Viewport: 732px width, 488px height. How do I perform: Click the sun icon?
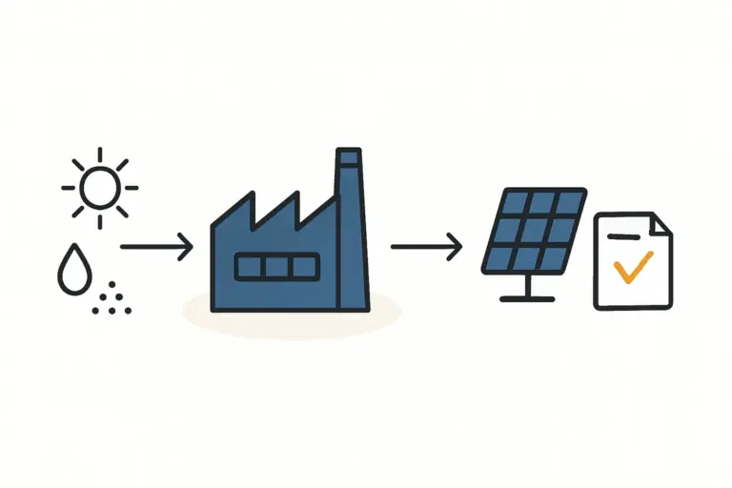point(99,187)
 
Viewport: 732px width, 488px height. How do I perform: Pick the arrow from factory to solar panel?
point(426,248)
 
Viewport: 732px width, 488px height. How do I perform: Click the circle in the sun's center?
point(99,187)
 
